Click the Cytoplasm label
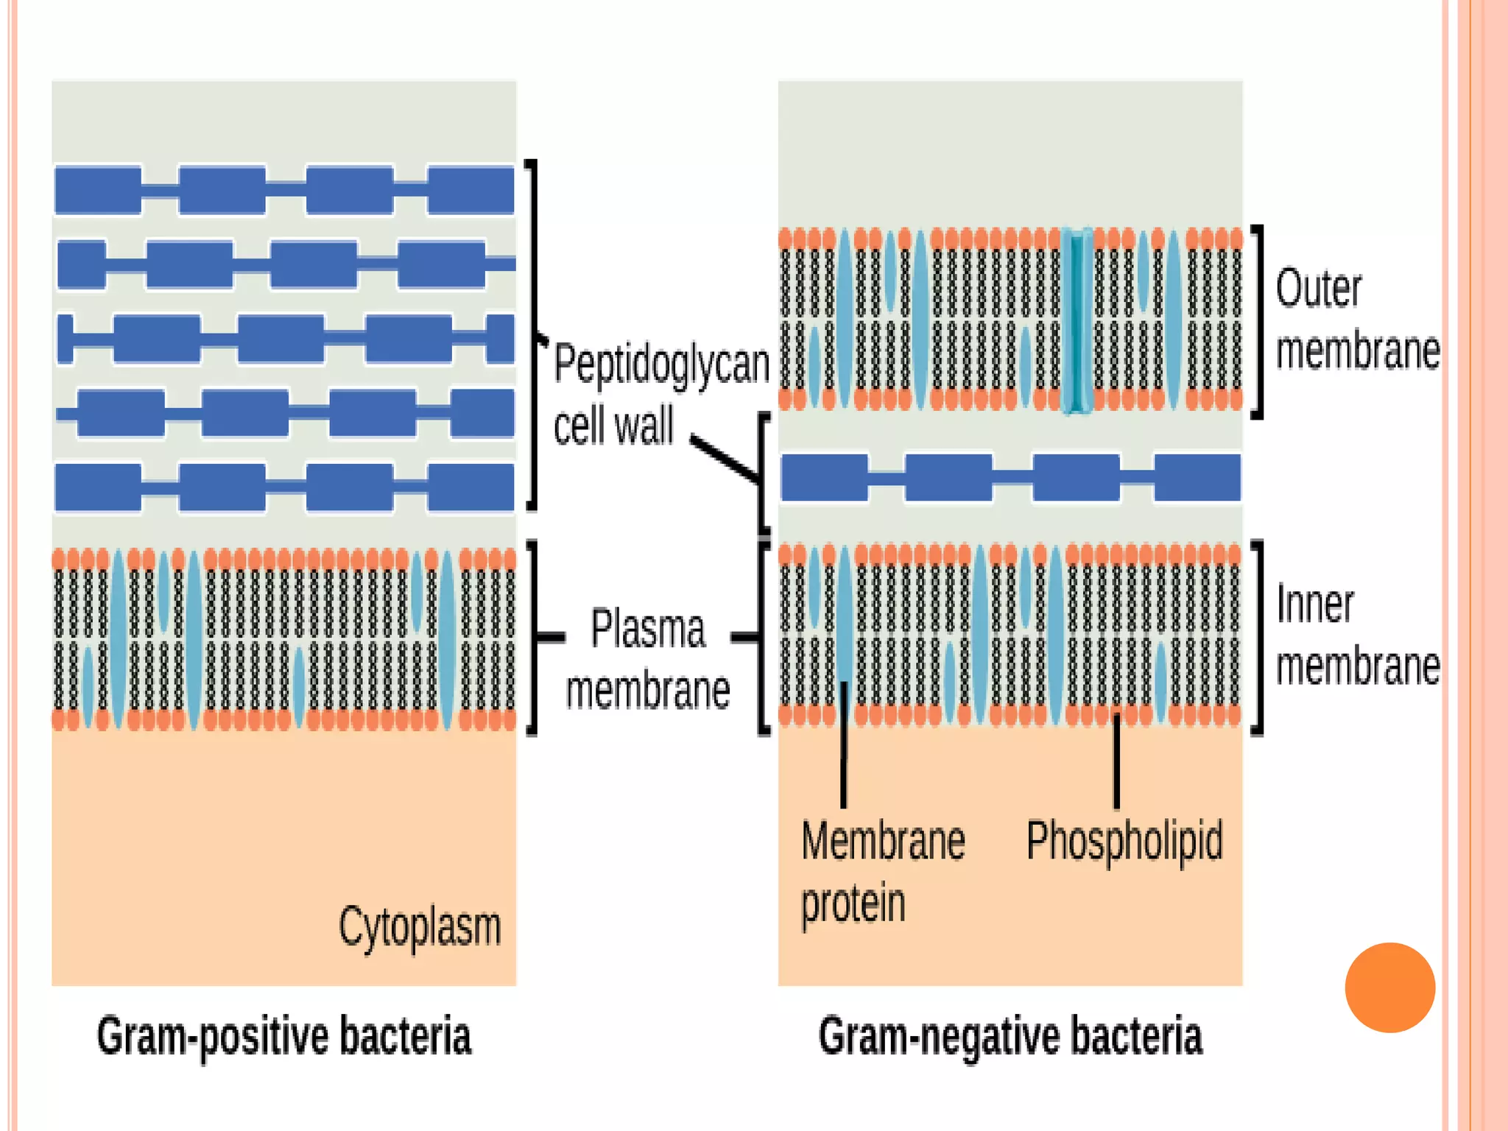[420, 928]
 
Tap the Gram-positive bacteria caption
[283, 1037]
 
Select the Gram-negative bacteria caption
[1010, 1037]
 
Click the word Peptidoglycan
[661, 364]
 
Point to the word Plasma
[648, 630]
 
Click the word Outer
[1318, 289]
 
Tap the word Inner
[1314, 605]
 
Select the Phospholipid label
[1124, 841]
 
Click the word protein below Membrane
[853, 904]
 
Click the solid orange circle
[1389, 987]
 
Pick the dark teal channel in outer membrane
[1077, 320]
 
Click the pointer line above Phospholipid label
[1117, 762]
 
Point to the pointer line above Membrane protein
[844, 744]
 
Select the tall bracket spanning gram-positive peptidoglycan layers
[534, 335]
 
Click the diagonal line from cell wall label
[725, 459]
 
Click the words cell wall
[613, 426]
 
